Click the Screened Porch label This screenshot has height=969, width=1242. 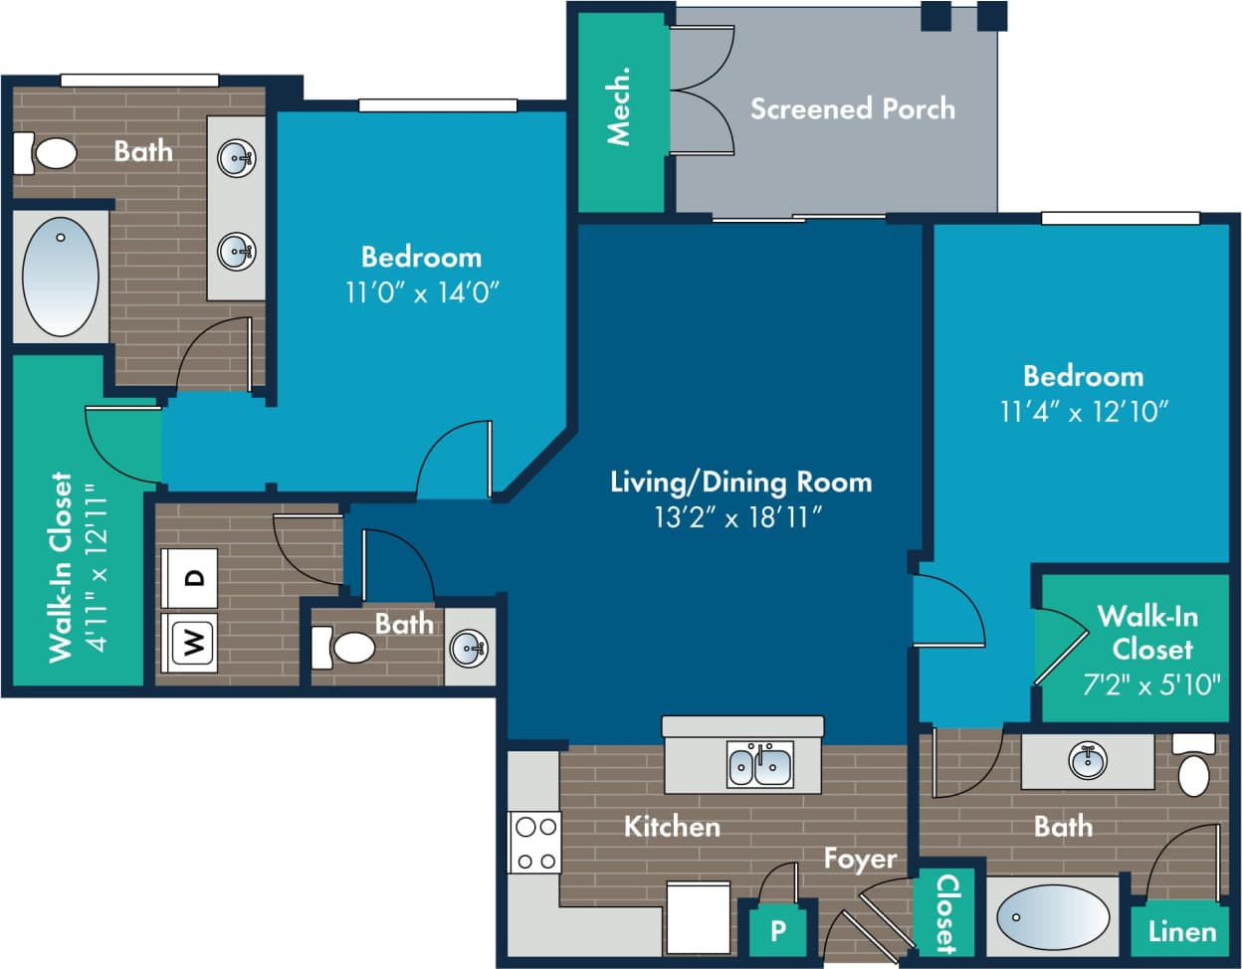pos(852,108)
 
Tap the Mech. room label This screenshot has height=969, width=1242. pos(619,106)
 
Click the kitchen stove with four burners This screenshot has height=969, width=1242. pos(534,844)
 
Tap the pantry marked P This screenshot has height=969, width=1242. pos(778,931)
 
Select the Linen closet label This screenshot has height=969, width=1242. pos(1181,932)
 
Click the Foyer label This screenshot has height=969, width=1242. pos(860,859)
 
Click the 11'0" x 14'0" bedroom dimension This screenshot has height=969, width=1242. pos(422,292)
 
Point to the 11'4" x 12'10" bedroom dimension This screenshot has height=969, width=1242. pos(1084,411)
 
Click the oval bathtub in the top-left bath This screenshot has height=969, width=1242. pos(61,277)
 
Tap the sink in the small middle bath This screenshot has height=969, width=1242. pos(468,648)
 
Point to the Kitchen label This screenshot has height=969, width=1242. pos(672,827)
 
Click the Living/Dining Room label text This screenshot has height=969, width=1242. pos(740,483)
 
